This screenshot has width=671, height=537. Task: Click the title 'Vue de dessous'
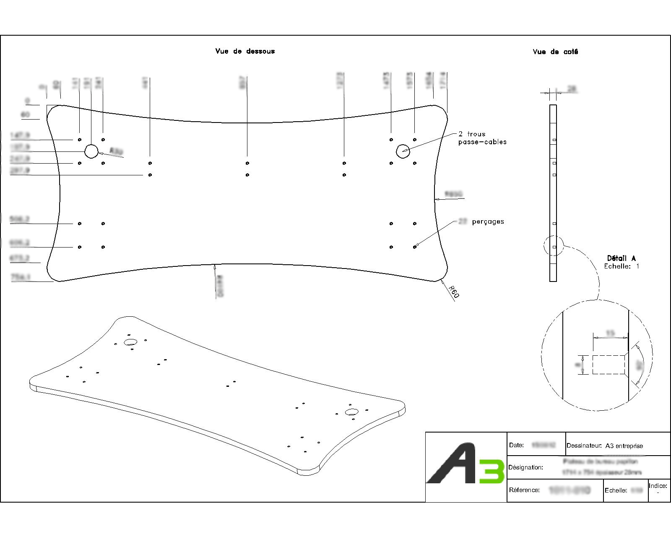(245, 51)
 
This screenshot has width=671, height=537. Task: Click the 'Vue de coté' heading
(555, 52)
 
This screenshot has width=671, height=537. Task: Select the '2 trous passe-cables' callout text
(482, 138)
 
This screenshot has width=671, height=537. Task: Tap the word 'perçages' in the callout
(488, 222)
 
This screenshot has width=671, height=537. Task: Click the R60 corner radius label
(454, 292)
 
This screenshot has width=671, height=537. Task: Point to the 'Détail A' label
(621, 258)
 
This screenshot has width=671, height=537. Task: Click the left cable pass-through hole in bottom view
(91, 151)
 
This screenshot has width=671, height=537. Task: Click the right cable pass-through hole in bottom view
(403, 151)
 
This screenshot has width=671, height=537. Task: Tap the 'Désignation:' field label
(525, 467)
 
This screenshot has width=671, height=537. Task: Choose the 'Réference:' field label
(524, 490)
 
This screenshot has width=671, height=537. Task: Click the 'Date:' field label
(516, 445)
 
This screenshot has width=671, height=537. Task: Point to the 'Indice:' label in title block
(658, 486)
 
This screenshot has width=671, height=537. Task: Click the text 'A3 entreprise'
(624, 446)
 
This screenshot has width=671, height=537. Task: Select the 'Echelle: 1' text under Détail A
(621, 266)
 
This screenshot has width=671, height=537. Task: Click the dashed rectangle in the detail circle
(609, 365)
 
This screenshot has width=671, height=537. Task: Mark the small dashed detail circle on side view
(554, 245)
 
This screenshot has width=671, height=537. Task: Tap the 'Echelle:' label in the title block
(616, 490)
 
